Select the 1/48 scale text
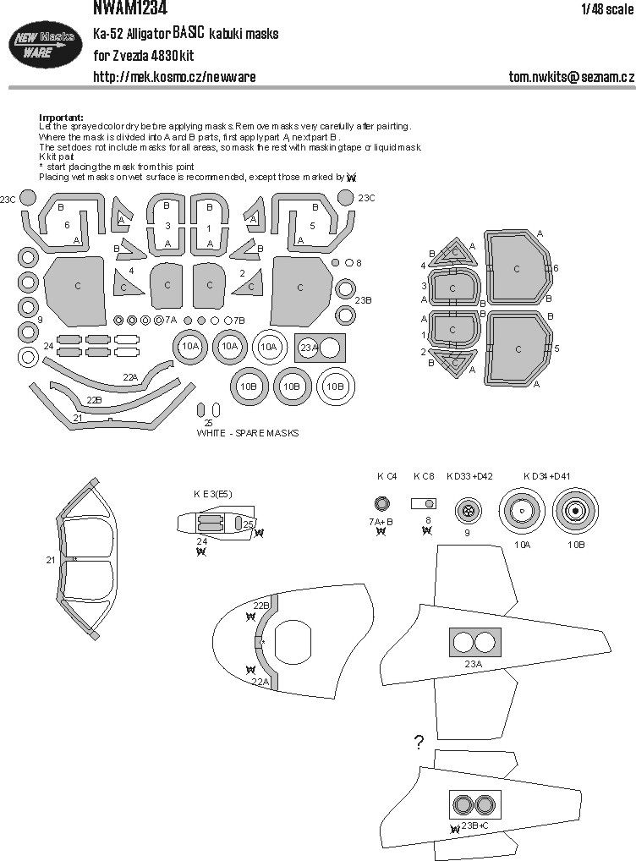point(606,9)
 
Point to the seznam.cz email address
point(571,77)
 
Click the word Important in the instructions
point(61,117)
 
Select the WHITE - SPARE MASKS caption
point(247,432)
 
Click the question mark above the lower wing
point(419,743)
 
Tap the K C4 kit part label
point(387,477)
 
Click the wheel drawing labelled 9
point(467,510)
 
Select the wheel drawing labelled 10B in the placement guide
point(576,510)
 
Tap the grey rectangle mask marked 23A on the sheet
point(318,346)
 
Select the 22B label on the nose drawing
point(261,605)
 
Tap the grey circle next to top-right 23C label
point(345,198)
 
